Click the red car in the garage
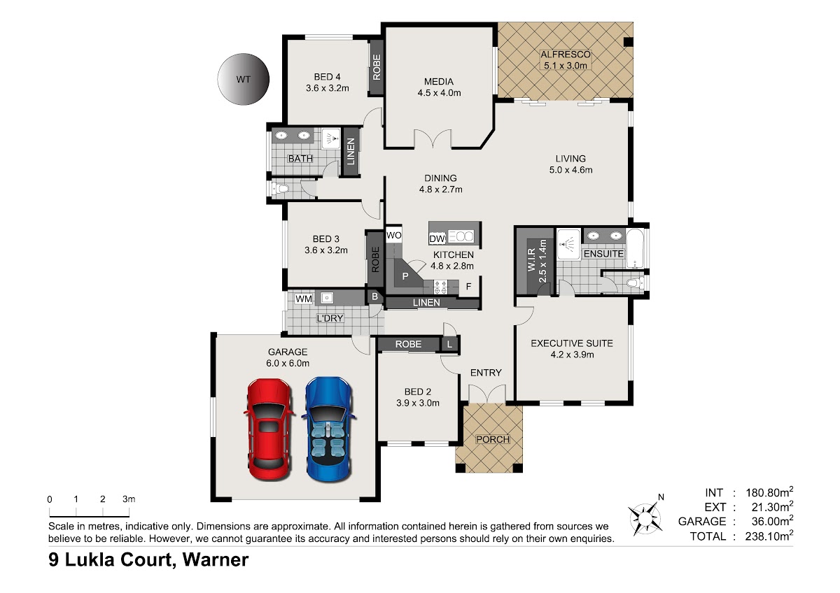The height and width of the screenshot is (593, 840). pos(269,429)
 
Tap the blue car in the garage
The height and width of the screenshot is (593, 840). pos(329,429)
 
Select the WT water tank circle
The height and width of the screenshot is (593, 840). pos(244,79)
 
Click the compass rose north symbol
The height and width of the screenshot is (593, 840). pos(645,517)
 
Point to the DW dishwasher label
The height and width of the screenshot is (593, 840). pos(437,238)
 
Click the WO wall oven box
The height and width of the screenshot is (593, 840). pos(393,235)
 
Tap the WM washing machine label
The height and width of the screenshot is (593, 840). pos(304,299)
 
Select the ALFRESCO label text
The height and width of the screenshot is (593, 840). pos(566,55)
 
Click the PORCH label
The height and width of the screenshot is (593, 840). pos(493,439)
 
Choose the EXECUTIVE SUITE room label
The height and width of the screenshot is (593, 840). pos(572,343)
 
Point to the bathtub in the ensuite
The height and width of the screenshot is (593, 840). pos(636,248)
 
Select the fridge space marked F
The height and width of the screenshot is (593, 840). pos(468,287)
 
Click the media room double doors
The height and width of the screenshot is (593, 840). pos(433,138)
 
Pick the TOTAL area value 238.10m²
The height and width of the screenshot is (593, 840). pos(769,536)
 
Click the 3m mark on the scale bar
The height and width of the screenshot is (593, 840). pos(129,512)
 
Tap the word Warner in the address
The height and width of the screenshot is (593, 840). pos(216,560)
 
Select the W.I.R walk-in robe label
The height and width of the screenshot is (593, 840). pos(531,259)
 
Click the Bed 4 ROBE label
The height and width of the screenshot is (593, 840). pos(377,67)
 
